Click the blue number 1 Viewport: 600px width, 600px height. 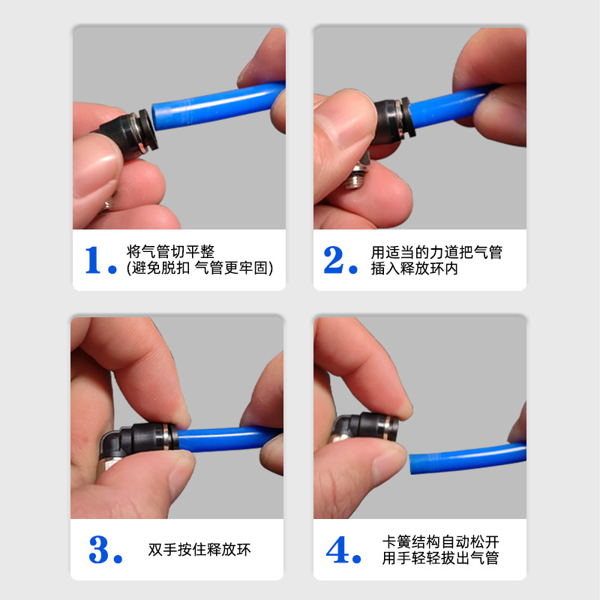tap(93, 259)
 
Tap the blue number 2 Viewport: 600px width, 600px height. tap(334, 259)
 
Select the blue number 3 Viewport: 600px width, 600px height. tap(99, 550)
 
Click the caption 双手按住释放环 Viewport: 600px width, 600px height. tap(199, 550)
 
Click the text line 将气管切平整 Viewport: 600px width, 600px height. tap(170, 252)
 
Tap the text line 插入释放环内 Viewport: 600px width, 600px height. tap(415, 268)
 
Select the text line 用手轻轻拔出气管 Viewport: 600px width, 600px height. tap(440, 558)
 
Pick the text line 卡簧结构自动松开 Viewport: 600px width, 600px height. tap(440, 541)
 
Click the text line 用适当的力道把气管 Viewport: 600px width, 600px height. tap(436, 253)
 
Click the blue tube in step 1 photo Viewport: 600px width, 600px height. tap(218, 105)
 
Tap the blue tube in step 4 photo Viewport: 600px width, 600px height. tap(467, 457)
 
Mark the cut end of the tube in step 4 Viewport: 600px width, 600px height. tap(412, 464)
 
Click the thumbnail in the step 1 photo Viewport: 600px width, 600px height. tap(95, 171)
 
